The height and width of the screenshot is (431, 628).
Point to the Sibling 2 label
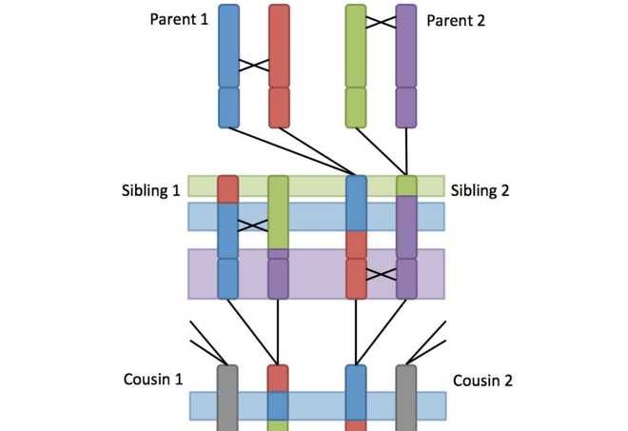481,190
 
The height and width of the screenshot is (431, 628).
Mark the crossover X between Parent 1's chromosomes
254,66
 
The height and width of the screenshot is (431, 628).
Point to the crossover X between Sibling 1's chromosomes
253,225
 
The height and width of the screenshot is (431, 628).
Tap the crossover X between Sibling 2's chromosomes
381,274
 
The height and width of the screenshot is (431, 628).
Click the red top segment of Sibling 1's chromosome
228,188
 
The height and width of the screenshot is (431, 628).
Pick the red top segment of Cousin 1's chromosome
277,378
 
